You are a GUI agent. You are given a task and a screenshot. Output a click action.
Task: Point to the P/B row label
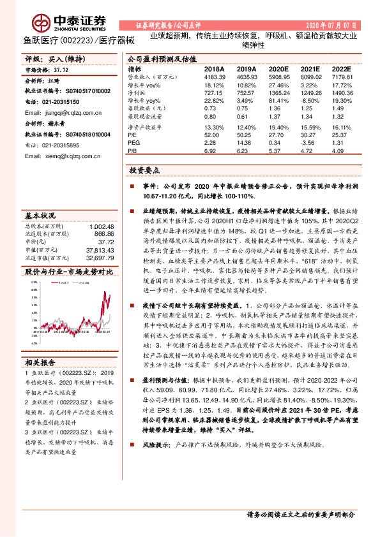pyautogui.click(x=132, y=152)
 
